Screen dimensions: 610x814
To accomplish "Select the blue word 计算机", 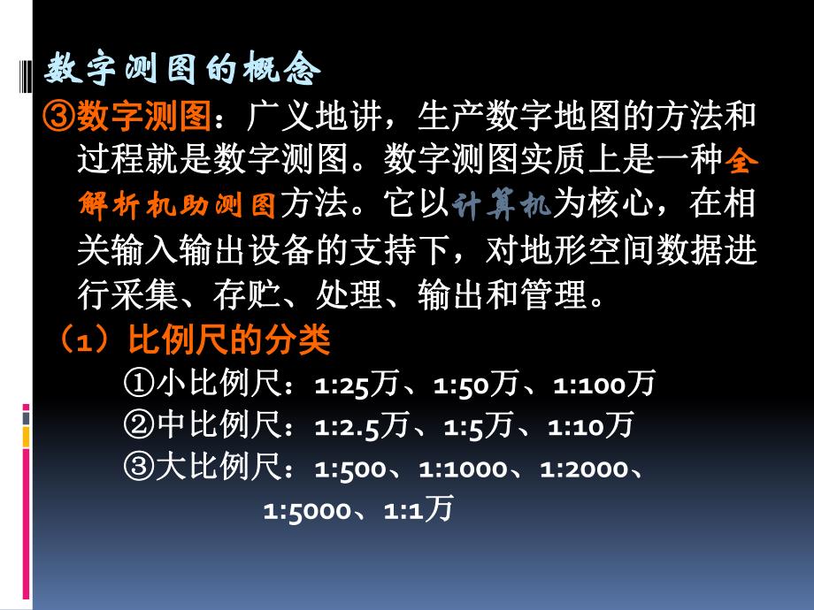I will click(x=502, y=206).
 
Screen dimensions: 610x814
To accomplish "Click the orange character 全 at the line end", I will click(x=741, y=162).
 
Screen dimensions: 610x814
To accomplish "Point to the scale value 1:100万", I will click(x=603, y=385).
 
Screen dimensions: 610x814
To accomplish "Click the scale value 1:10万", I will click(x=590, y=427).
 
